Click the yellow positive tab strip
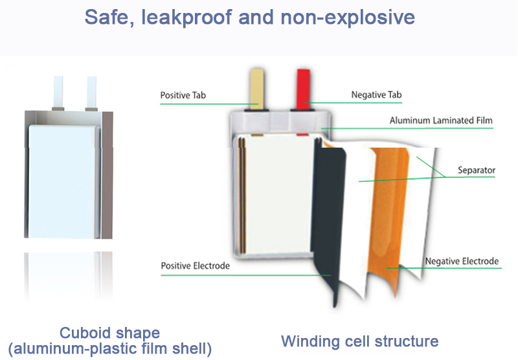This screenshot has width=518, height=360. coord(257,89)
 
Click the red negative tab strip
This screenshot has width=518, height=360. coord(303,89)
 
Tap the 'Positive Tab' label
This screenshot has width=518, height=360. coord(183,95)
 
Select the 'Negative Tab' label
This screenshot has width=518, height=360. coord(376,95)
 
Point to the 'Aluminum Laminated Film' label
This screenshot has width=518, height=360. coord(441,120)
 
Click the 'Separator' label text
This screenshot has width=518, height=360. coord(477,170)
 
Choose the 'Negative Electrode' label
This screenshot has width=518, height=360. coord(462,261)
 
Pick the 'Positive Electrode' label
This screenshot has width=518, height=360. coord(196,265)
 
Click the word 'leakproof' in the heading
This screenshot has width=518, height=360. coord(186,17)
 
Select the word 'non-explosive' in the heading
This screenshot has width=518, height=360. coord(348,17)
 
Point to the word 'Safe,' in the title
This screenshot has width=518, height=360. coord(109,17)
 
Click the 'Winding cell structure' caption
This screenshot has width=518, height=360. coord(360,341)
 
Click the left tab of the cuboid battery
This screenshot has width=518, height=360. coord(58,93)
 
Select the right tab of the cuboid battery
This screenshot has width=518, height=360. coord(91,93)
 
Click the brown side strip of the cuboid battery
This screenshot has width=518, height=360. coord(107,175)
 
